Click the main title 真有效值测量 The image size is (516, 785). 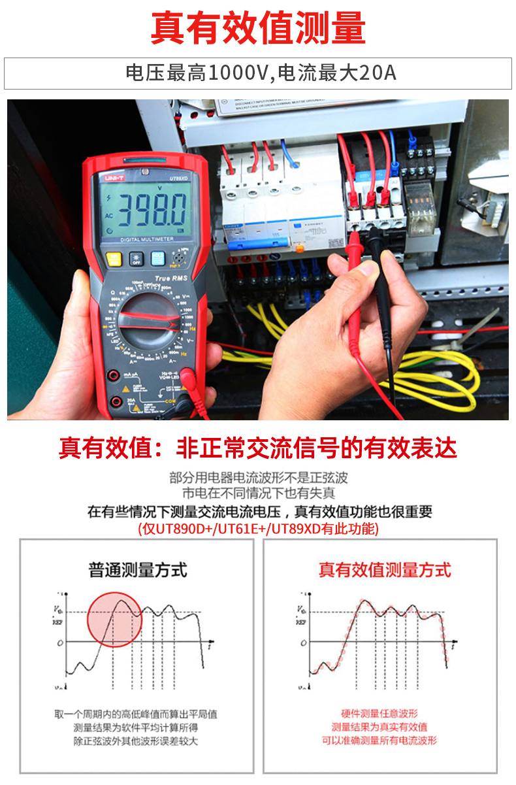(x=258, y=28)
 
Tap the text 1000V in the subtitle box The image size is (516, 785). (x=238, y=73)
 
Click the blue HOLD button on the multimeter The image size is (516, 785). (x=159, y=258)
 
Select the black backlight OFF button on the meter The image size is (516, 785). (x=137, y=258)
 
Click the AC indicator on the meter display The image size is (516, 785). (x=108, y=216)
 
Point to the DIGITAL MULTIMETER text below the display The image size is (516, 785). (x=146, y=240)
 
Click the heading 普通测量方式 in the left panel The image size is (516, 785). (x=138, y=570)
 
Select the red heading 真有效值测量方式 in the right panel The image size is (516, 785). (x=385, y=570)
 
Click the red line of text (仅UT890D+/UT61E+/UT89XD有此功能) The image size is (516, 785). (x=258, y=529)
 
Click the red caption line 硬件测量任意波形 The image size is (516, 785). (x=379, y=713)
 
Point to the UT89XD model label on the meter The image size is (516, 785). (x=178, y=177)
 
